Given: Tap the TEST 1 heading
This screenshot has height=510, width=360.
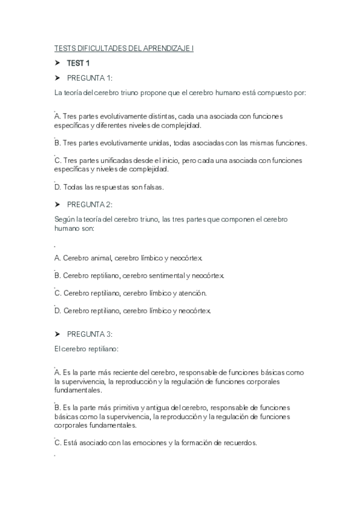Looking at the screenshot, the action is tap(79, 63).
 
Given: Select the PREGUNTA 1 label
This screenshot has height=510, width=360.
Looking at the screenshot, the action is tap(90, 78).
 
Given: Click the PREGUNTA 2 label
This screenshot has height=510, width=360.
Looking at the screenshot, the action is tap(90, 204).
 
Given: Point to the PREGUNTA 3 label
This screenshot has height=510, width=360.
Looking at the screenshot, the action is tap(90, 334).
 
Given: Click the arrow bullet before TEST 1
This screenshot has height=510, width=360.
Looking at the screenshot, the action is tap(58, 63).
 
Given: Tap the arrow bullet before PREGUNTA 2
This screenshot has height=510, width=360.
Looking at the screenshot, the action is tap(58, 204).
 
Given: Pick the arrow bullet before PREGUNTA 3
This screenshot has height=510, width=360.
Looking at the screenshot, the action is tap(58, 334).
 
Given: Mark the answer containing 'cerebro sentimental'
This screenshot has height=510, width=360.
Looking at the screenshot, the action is tap(139, 275).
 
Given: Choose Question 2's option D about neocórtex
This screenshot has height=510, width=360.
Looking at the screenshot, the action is tap(132, 311).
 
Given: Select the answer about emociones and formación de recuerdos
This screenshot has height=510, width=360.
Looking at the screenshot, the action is tap(156, 443).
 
